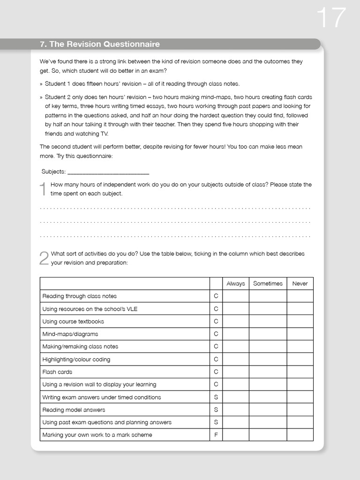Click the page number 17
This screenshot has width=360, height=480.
point(331,18)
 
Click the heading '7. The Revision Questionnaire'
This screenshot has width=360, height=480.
point(99,44)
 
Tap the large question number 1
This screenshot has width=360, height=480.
point(43,189)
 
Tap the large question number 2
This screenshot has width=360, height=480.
point(44,258)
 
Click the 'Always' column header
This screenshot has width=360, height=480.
point(235,284)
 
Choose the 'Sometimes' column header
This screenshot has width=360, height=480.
point(268,284)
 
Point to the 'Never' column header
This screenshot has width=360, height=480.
point(300,284)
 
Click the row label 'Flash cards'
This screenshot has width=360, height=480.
point(57,372)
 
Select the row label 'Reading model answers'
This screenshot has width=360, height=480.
point(74,410)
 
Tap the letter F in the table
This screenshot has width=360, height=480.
point(216,435)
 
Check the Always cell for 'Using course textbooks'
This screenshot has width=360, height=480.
point(235,322)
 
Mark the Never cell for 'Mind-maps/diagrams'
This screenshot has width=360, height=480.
point(300,334)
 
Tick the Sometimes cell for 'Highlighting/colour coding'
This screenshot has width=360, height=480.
point(268,360)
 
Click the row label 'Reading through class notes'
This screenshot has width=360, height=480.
point(79,296)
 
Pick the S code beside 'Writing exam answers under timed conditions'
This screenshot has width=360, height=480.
point(216,397)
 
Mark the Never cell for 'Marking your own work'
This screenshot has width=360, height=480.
point(300,435)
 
